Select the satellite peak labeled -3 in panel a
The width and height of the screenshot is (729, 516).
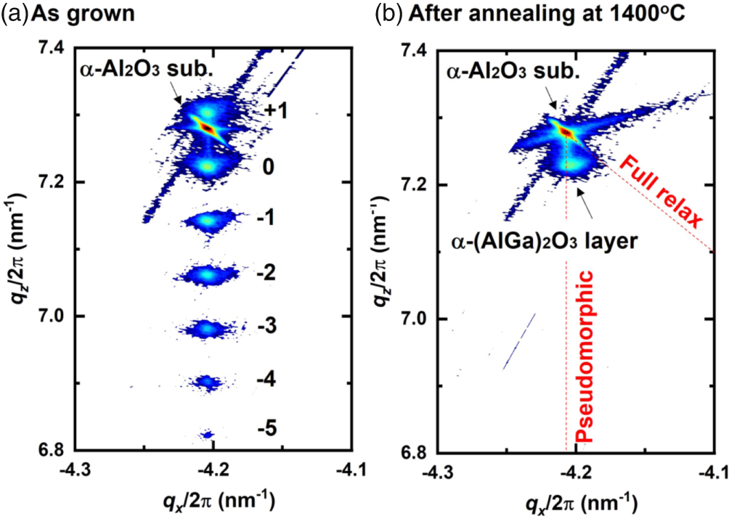point(208,329)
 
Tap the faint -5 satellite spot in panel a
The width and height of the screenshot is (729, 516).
point(208,434)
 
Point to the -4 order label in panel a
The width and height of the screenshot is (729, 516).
point(266,378)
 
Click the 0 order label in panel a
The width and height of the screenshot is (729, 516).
point(268,167)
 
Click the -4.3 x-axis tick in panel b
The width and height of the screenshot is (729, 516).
point(437,471)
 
